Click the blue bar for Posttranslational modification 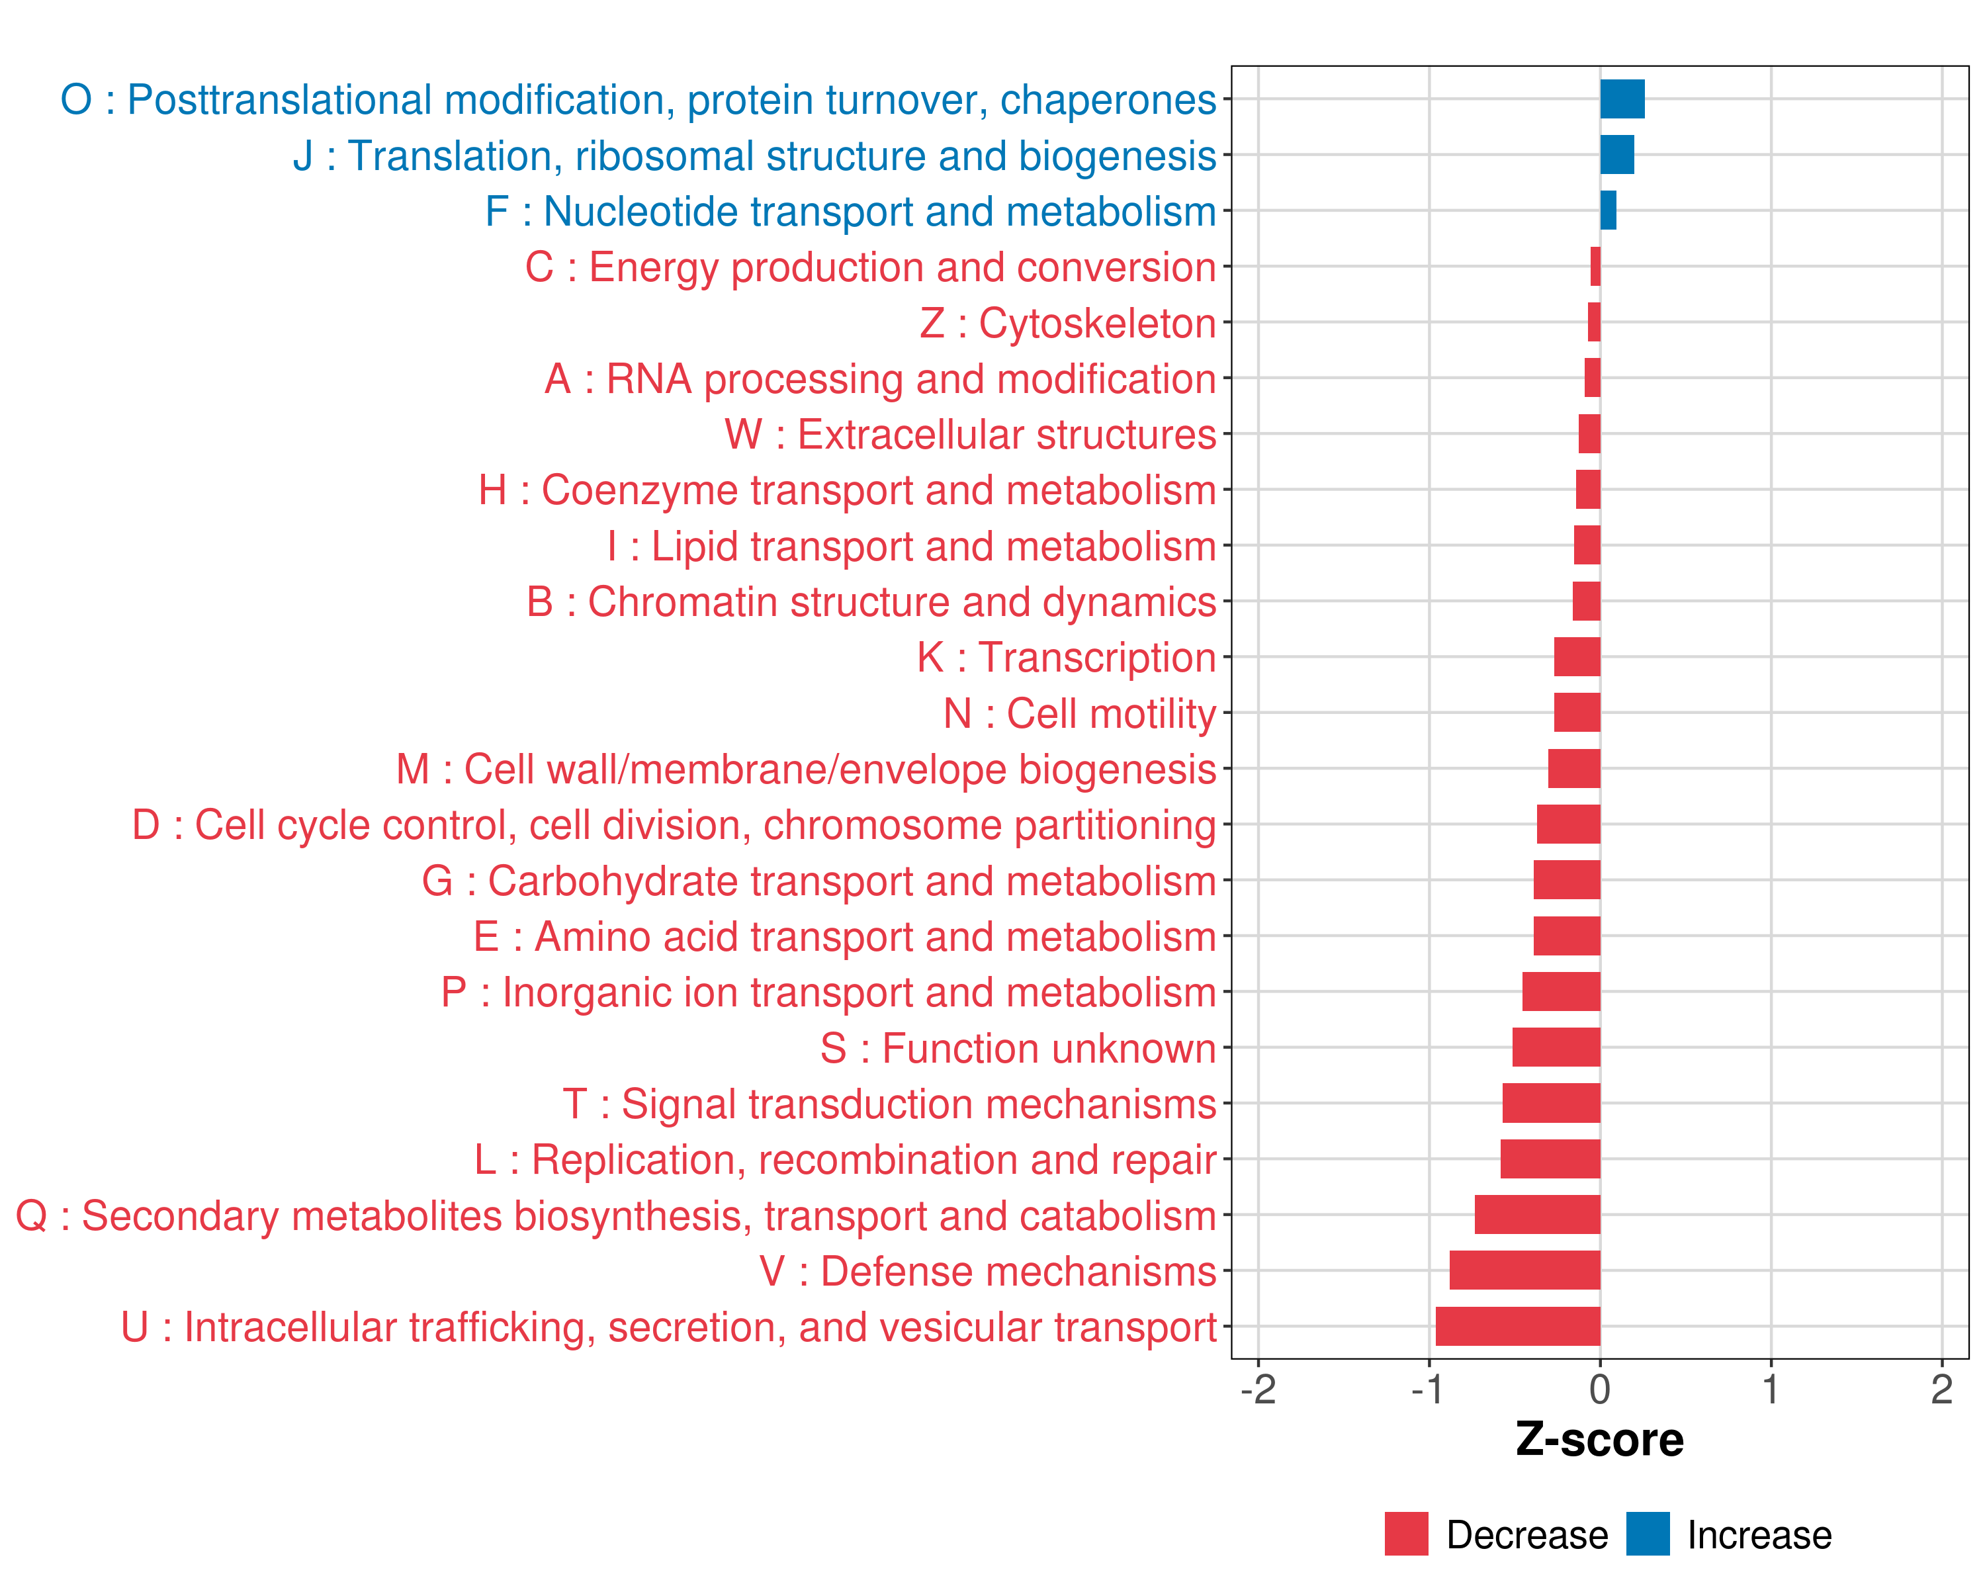[1622, 99]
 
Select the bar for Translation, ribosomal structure [1616, 155]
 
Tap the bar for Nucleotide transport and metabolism [1609, 211]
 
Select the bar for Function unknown [1556, 1047]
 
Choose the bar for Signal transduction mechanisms [1552, 1103]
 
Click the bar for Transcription [1577, 657]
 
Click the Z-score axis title [1599, 1440]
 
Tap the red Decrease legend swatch [1406, 1534]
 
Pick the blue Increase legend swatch [1648, 1534]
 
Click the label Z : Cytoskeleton [1068, 323]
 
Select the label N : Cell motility [1080, 713]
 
